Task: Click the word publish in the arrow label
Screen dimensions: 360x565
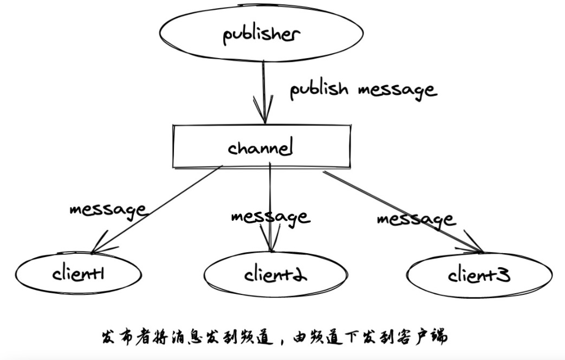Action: click(x=319, y=89)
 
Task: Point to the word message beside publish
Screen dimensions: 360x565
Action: click(x=397, y=90)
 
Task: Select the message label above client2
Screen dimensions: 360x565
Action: click(x=270, y=217)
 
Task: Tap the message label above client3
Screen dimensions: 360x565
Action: click(x=416, y=220)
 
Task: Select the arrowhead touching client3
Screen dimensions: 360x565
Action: click(x=476, y=249)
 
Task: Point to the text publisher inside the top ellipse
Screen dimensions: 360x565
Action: click(x=261, y=35)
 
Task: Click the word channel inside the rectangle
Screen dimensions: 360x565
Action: click(x=261, y=148)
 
